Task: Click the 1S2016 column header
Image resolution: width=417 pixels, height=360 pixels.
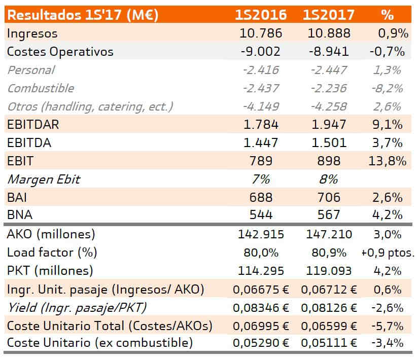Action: [x=261, y=15]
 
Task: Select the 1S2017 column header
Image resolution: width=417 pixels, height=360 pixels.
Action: [x=329, y=15]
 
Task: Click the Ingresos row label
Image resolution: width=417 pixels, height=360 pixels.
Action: [x=32, y=33]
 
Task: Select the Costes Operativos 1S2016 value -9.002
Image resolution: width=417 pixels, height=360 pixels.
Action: [x=261, y=51]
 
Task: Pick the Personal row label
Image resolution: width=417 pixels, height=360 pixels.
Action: [x=31, y=70]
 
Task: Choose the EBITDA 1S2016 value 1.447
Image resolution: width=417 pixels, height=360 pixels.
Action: [x=261, y=143]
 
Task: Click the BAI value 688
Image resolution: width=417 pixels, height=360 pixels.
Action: [x=261, y=197]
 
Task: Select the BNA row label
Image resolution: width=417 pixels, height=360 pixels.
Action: [x=20, y=215]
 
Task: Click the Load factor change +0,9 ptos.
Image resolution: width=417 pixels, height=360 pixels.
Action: [x=388, y=253]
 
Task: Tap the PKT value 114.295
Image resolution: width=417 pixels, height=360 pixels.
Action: [x=261, y=271]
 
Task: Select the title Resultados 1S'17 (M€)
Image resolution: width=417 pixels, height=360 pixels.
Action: [x=83, y=15]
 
